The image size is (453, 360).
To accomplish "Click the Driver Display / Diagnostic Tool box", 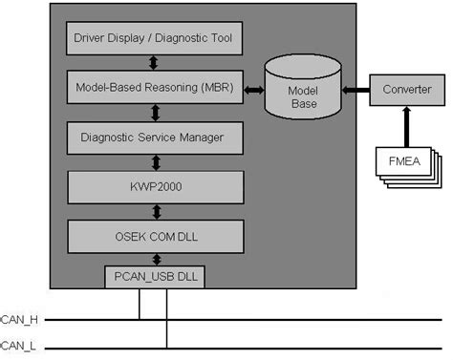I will (x=152, y=40).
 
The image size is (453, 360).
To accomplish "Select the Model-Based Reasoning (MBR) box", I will (x=152, y=89).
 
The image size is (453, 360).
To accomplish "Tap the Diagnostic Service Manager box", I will (x=152, y=138).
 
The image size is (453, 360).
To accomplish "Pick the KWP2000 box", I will (x=152, y=186).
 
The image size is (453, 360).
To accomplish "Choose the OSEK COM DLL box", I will (x=152, y=235).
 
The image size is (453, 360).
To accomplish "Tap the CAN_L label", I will (x=16, y=347).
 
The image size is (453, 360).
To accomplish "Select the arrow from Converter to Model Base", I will (x=356, y=90).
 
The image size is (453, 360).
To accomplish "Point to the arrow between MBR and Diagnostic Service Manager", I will (x=152, y=113).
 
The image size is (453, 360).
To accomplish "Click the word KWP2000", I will (x=152, y=186).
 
